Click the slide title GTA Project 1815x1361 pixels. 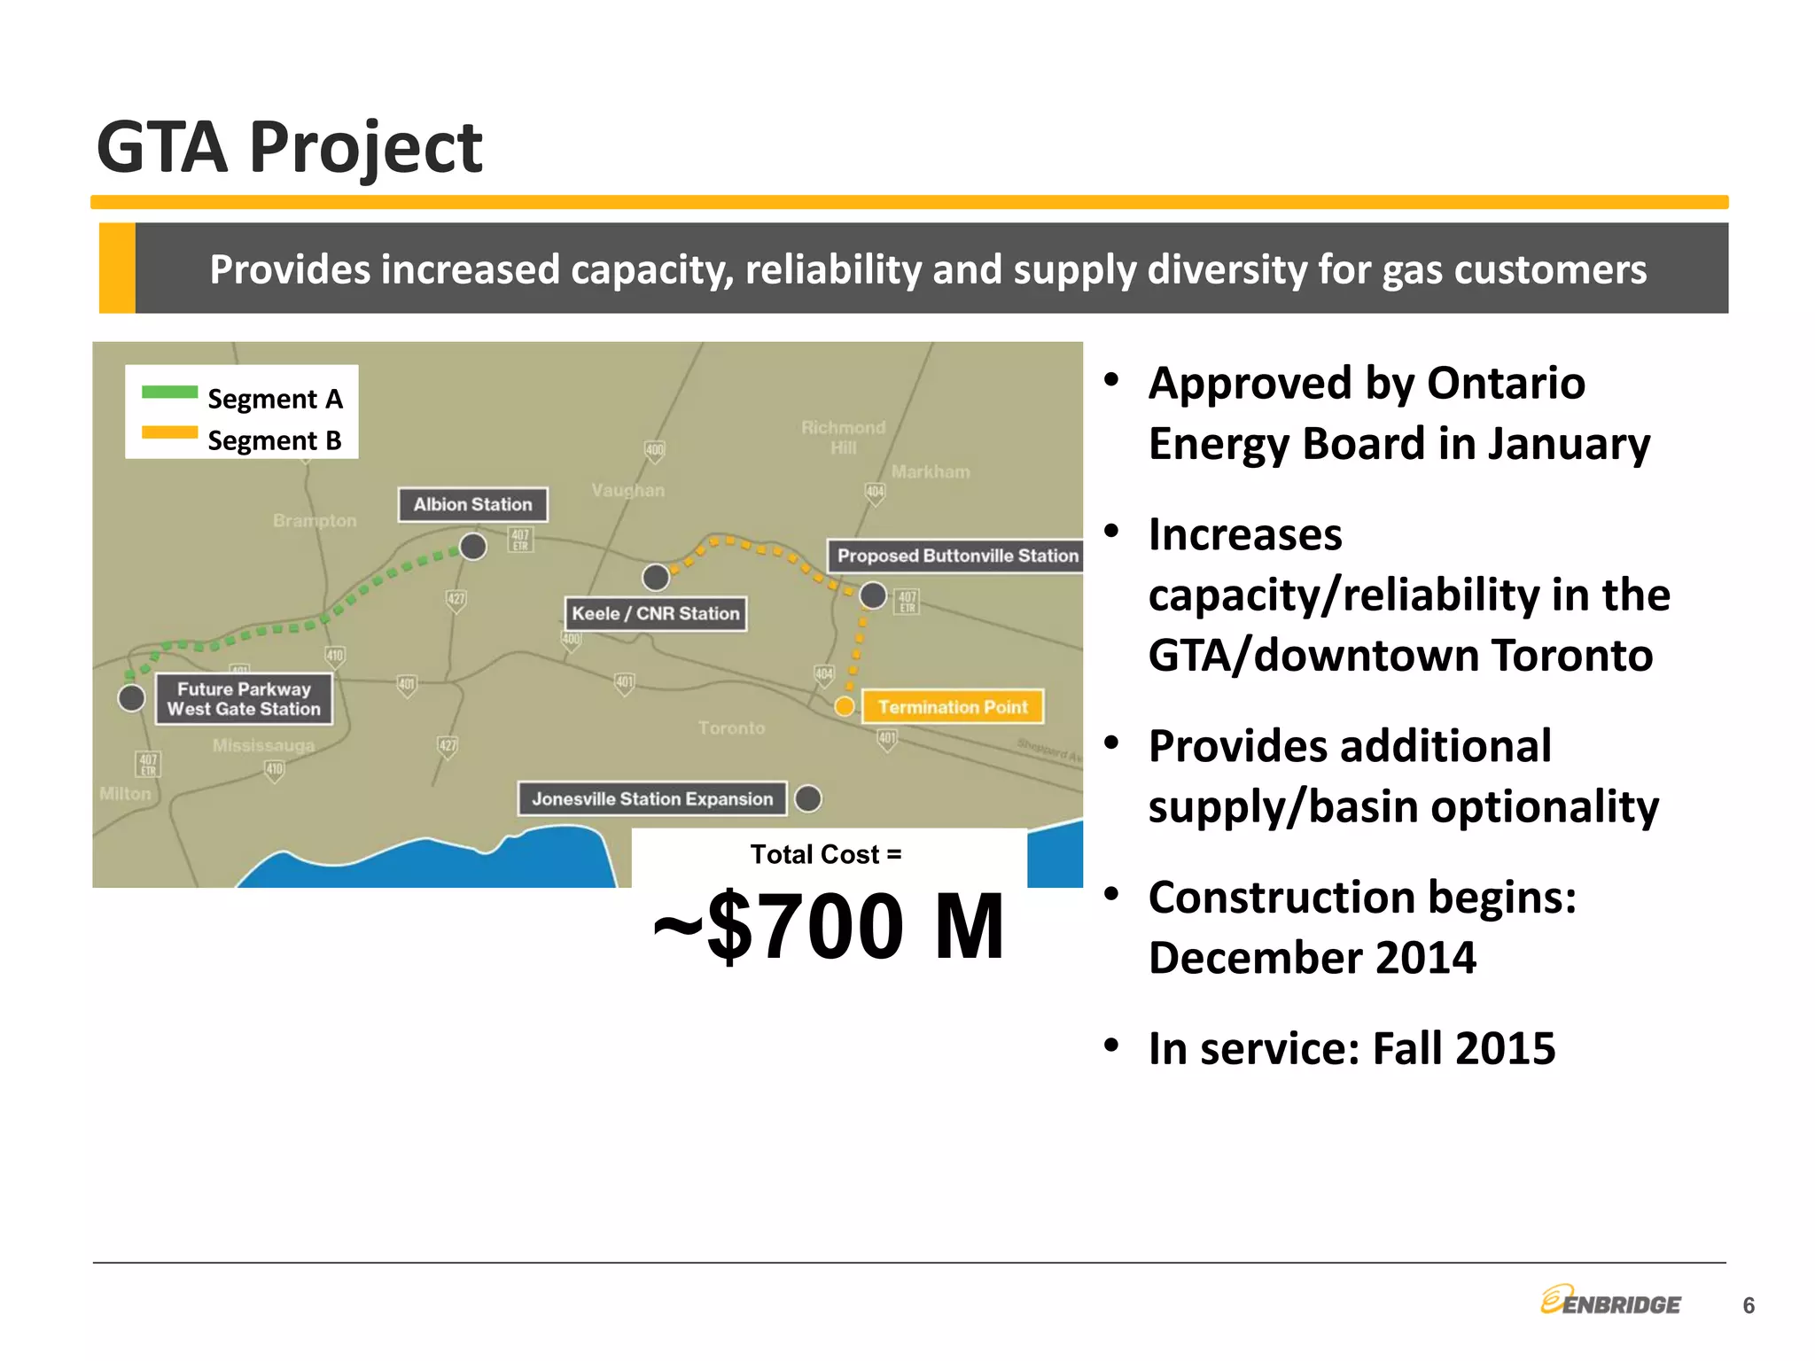coord(289,148)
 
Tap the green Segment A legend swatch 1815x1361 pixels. coord(169,392)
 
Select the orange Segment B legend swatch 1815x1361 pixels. coord(169,432)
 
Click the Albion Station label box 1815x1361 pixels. coord(472,504)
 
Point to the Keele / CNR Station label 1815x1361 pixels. coord(655,613)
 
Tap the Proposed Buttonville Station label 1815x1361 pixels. coord(957,556)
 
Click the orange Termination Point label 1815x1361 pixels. coord(953,707)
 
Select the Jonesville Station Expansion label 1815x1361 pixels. coord(652,798)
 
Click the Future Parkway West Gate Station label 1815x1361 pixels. coord(244,699)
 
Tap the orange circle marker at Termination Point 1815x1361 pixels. coord(845,706)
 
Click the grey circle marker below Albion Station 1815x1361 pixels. coord(473,547)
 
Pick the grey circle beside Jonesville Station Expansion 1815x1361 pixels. coord(807,798)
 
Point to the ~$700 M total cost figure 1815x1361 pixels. coord(829,927)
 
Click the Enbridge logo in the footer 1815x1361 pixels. coord(1610,1303)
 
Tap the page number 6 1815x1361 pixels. coord(1748,1305)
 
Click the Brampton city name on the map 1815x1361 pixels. coord(315,521)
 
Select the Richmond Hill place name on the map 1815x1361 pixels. coord(843,437)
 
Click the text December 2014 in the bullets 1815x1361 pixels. coord(1312,958)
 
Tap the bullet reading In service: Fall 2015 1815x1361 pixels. coord(1352,1049)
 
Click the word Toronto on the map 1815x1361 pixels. coord(731,728)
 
